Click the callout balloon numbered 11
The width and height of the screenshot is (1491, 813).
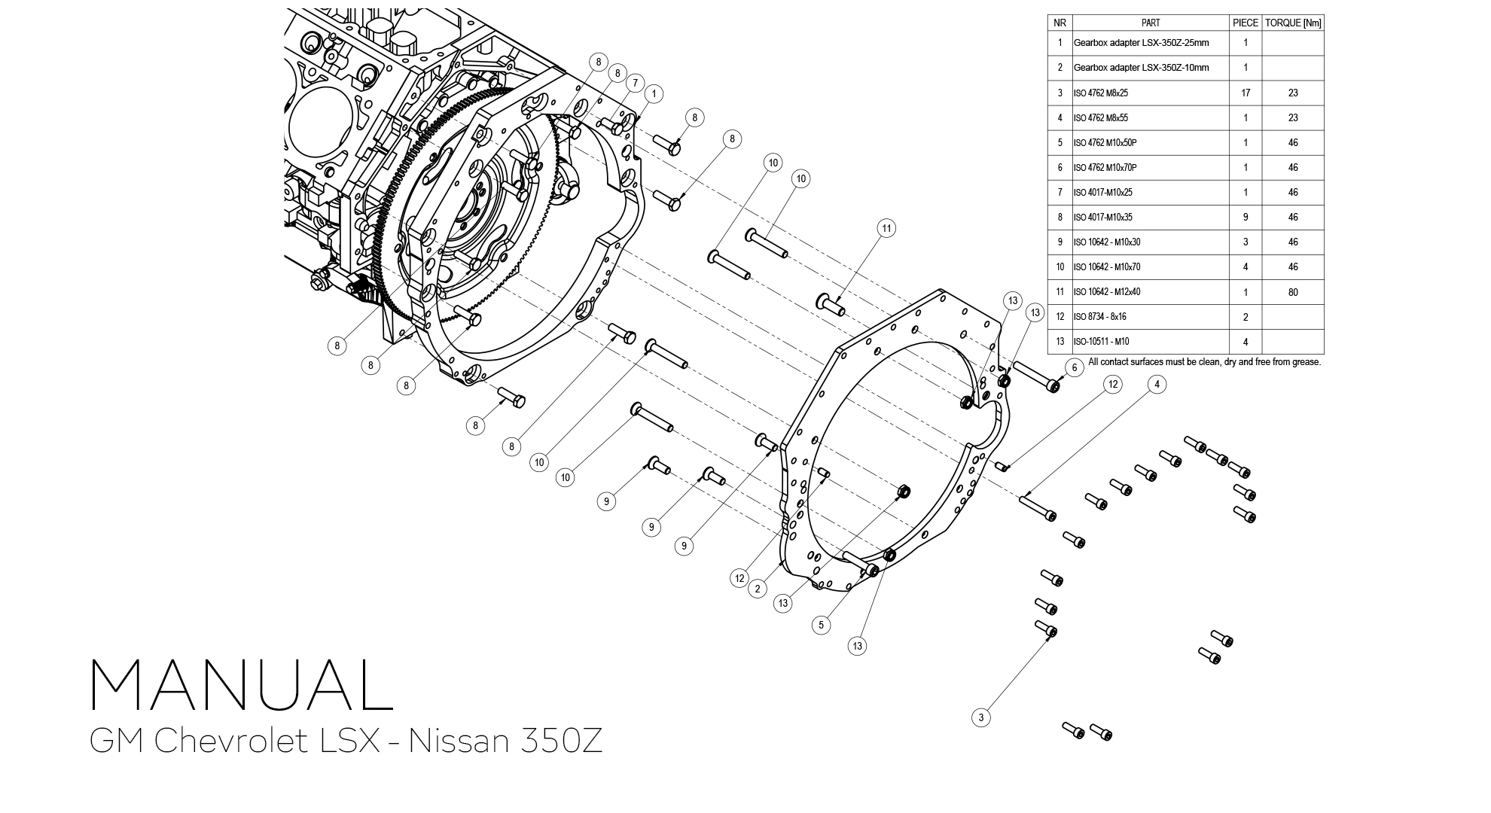click(x=886, y=228)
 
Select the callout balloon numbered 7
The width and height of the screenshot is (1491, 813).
click(x=635, y=83)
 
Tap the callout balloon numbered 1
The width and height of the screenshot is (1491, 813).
click(x=654, y=94)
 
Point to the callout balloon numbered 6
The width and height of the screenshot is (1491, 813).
click(x=1075, y=367)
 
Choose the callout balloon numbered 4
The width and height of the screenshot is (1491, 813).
click(x=1157, y=385)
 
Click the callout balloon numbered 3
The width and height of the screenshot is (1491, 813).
click(x=980, y=717)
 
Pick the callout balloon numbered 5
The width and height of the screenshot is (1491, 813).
click(x=821, y=625)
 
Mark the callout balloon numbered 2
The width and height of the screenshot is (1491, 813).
click(x=758, y=589)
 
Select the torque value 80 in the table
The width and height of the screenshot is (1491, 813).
click(x=1293, y=292)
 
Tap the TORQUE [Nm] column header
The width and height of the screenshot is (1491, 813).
click(x=1293, y=23)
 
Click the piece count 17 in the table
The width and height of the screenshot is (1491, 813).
click(x=1246, y=93)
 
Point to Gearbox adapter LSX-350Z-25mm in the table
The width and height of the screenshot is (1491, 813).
click(x=1141, y=43)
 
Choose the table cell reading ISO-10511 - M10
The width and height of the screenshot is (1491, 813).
click(x=1101, y=342)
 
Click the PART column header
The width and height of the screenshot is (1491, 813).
click(x=1151, y=23)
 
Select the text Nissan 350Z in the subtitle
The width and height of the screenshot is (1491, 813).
click(x=505, y=741)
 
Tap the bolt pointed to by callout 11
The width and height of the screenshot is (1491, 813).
click(x=830, y=305)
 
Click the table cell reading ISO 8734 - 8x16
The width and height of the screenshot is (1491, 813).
click(x=1099, y=317)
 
